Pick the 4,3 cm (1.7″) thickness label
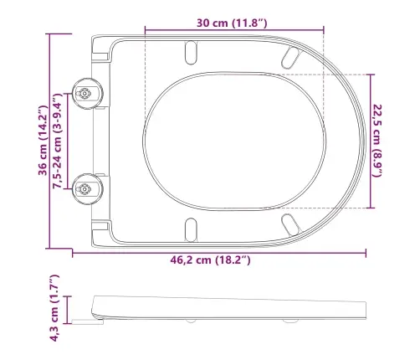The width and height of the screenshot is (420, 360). point(54,308)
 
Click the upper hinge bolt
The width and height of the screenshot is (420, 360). point(86,94)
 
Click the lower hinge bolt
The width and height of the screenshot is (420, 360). point(86,188)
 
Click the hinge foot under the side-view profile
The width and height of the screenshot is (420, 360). point(84,318)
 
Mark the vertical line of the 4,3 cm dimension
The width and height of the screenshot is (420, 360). point(70,308)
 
